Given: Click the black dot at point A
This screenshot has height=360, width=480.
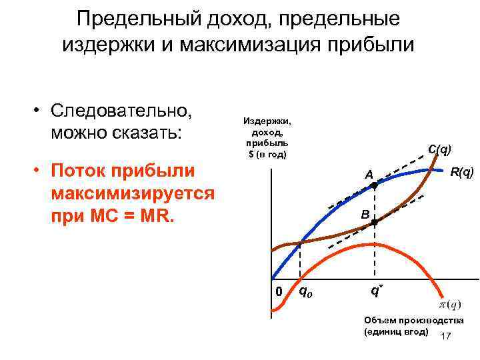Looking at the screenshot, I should click(374, 187).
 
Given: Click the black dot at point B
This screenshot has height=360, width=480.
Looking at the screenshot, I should click(374, 223).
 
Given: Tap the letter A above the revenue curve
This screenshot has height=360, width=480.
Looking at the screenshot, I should click(367, 175).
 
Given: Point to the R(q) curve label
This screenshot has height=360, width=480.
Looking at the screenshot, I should click(462, 173).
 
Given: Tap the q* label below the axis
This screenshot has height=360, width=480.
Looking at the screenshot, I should click(377, 291).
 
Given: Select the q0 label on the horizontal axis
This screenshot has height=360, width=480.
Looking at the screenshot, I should click(305, 291).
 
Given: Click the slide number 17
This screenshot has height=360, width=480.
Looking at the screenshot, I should click(446, 336).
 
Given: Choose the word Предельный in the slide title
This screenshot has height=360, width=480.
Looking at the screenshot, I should click(134, 18).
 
